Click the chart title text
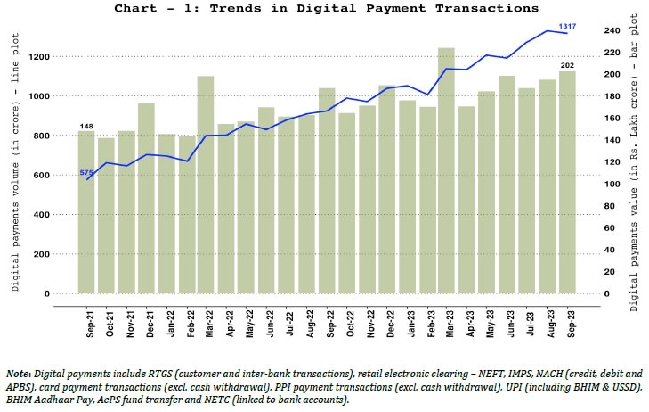326,8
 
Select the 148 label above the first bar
86,126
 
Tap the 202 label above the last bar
566,66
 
